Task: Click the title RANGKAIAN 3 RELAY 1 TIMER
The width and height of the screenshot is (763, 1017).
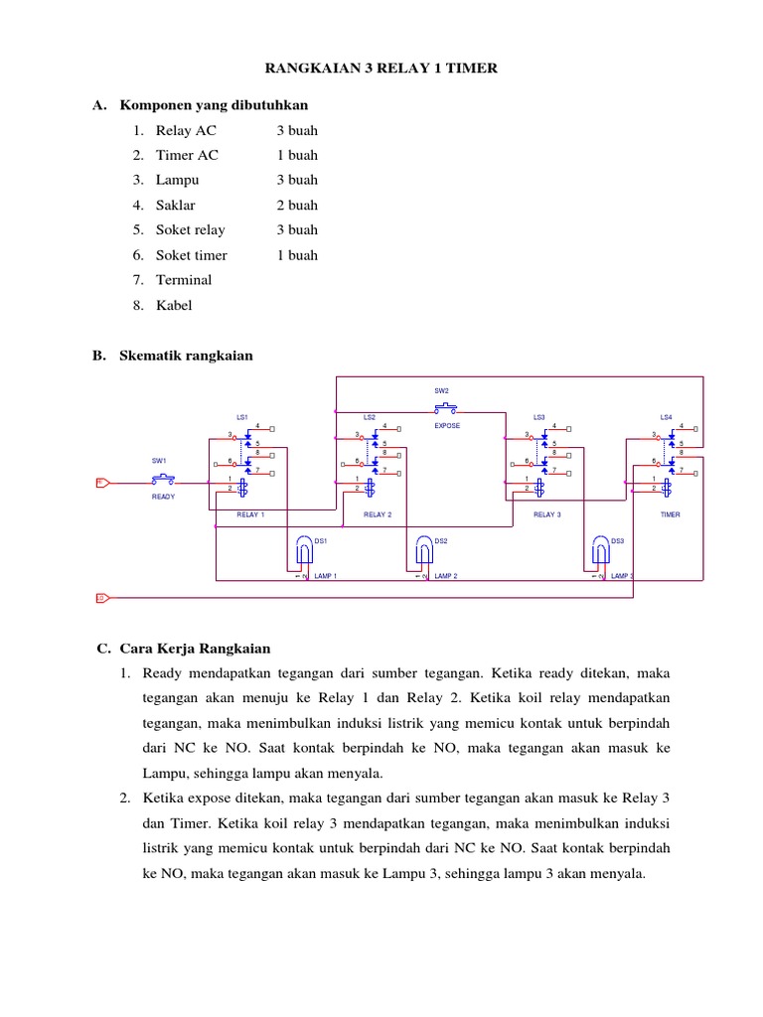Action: point(381,68)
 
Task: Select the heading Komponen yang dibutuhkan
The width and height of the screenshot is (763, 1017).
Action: point(214,105)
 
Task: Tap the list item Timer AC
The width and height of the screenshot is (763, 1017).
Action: point(187,155)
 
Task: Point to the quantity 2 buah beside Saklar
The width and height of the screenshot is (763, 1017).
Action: point(297,206)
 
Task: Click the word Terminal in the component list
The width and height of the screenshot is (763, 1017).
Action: point(184,280)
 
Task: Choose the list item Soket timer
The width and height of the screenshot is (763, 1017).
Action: point(191,255)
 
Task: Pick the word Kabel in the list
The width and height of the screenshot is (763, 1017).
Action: point(174,305)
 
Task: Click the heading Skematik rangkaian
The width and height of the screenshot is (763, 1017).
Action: point(186,356)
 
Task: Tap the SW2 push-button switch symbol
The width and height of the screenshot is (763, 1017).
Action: point(444,407)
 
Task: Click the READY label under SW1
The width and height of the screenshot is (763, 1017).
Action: point(163,497)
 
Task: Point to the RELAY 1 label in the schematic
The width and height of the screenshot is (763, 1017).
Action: point(250,514)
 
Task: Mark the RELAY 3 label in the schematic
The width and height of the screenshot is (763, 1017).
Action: point(547,514)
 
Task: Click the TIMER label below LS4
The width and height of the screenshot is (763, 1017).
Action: point(670,514)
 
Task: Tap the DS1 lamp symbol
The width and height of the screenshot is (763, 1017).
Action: point(304,549)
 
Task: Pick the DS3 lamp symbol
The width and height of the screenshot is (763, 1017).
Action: point(600,549)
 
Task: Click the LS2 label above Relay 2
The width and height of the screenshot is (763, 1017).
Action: point(370,417)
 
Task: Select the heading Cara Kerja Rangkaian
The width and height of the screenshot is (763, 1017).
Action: point(195,649)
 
